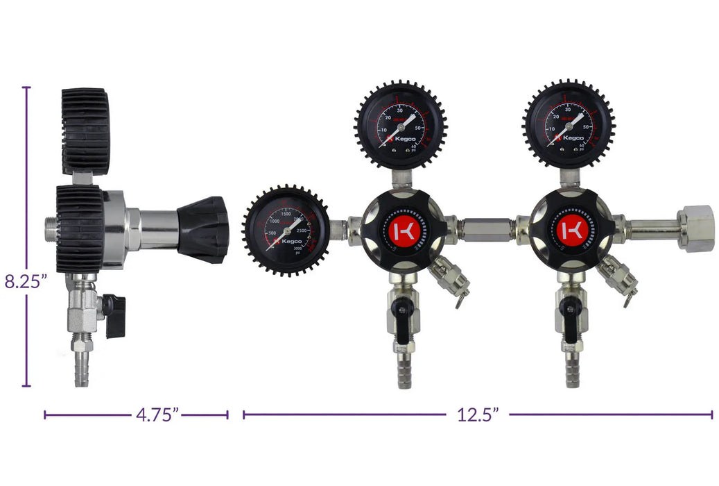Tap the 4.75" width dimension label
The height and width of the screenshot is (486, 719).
click(157, 415)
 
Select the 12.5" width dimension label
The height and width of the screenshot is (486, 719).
click(478, 415)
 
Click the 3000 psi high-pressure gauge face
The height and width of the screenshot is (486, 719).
click(284, 230)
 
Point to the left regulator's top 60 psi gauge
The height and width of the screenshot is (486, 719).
click(401, 125)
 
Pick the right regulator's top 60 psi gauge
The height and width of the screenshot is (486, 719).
click(568, 125)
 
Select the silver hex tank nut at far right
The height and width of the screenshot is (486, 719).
click(696, 228)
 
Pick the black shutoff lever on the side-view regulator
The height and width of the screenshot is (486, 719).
click(114, 316)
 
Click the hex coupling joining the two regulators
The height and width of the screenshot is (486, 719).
click(487, 228)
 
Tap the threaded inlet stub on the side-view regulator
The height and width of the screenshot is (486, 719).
click(51, 228)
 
